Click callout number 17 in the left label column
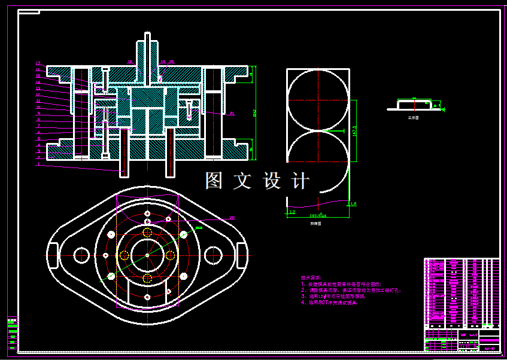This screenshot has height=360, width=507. [x=38, y=63]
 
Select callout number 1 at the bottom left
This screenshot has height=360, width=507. [x=38, y=163]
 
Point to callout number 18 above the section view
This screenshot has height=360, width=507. [x=130, y=62]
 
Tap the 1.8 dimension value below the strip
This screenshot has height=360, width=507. [x=353, y=205]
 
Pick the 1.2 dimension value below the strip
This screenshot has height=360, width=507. [x=292, y=212]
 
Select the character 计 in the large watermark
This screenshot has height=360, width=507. [x=299, y=181]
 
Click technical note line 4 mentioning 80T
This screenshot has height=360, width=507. [x=329, y=303]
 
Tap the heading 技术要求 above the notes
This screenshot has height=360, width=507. [x=309, y=277]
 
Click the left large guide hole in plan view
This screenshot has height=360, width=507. [x=81, y=255]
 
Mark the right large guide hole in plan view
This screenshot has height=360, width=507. [x=213, y=255]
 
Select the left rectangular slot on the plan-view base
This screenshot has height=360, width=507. [x=53, y=255]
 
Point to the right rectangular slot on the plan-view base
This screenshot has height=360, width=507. [x=241, y=255]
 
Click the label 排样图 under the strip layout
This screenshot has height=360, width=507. [x=315, y=222]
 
